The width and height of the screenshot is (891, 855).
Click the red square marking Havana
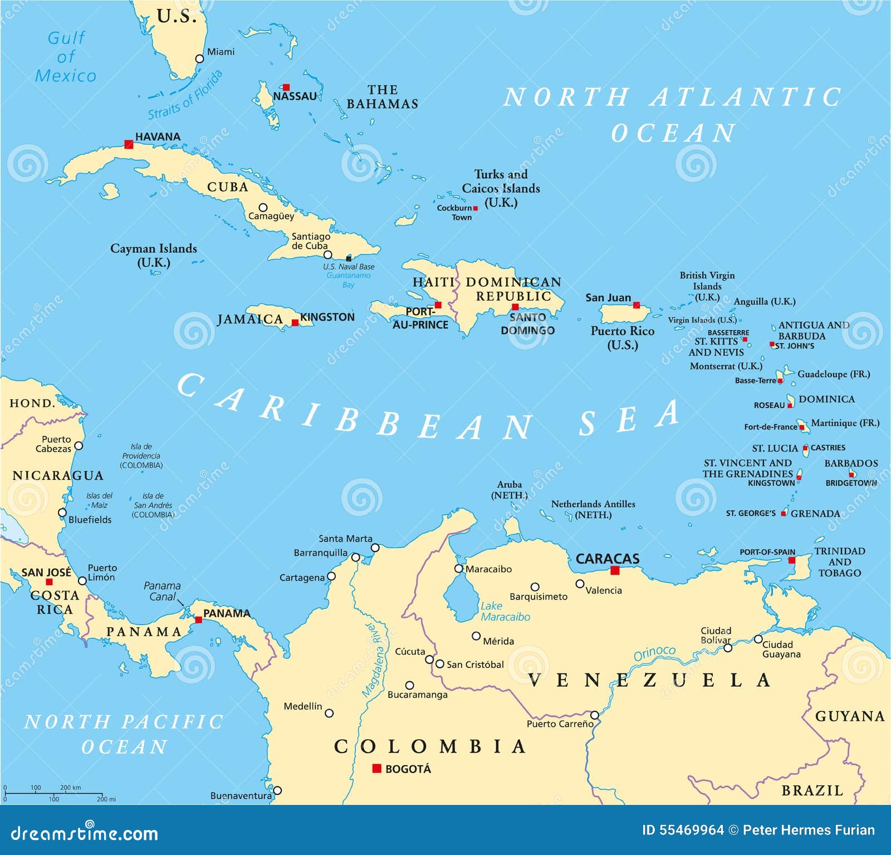(x=129, y=144)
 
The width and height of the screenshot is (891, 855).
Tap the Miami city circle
(x=199, y=59)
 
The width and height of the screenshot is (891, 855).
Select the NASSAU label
(x=295, y=96)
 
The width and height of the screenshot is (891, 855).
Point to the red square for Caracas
(x=615, y=571)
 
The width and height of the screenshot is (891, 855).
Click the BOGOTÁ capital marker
(x=377, y=769)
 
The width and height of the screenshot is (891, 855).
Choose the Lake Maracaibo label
(x=505, y=611)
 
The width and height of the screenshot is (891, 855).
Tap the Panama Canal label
(x=162, y=591)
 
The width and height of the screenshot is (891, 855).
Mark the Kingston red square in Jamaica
(x=295, y=323)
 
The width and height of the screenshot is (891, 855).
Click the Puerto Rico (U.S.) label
(x=623, y=338)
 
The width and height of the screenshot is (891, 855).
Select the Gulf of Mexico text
(x=66, y=57)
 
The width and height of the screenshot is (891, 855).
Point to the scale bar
(x=53, y=793)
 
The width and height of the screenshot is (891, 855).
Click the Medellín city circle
(x=329, y=713)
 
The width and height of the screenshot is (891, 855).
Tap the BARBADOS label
(x=851, y=463)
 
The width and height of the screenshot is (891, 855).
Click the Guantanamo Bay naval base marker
(x=349, y=258)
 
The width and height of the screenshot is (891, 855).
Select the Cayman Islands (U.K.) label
(x=154, y=255)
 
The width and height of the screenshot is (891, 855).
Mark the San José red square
(x=49, y=582)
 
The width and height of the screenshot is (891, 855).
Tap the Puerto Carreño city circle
(x=595, y=715)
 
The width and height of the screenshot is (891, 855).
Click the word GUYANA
(x=850, y=716)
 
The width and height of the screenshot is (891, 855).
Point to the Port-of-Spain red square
(x=792, y=561)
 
